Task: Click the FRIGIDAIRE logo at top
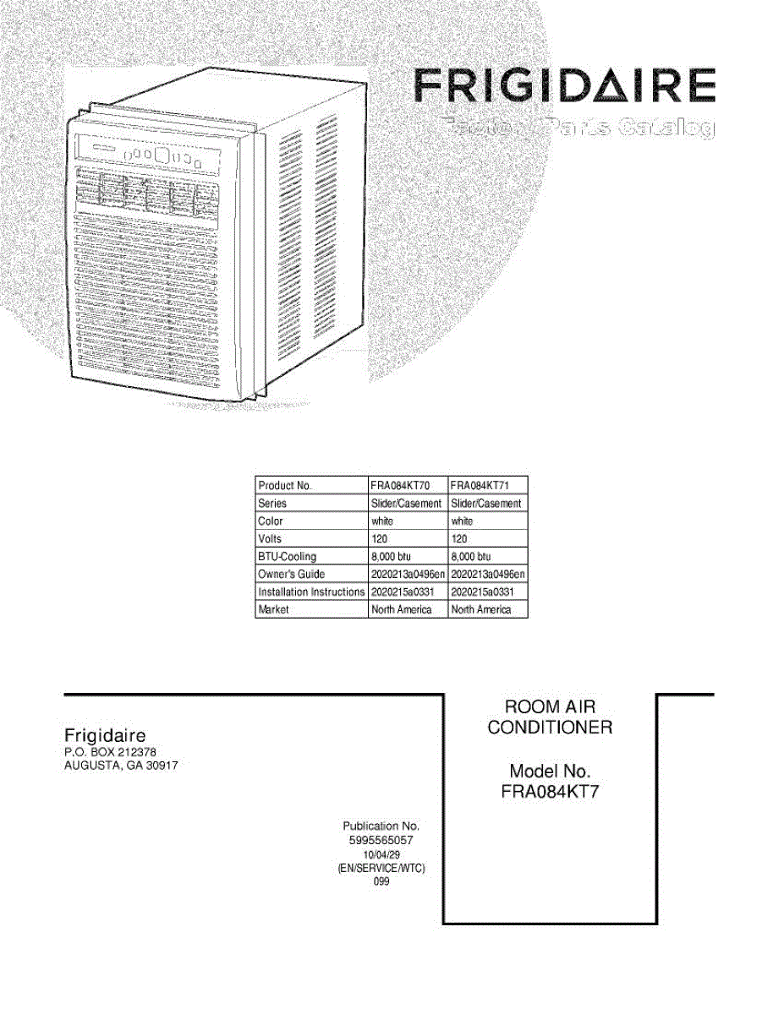click(565, 88)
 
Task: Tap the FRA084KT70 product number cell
click(400, 486)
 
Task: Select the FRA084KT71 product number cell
click(479, 486)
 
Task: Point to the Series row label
click(272, 504)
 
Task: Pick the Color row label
click(271, 521)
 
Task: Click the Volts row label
click(270, 539)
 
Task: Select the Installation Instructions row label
click(310, 592)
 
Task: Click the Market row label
click(274, 610)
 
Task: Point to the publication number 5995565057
click(381, 841)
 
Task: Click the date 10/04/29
click(381, 855)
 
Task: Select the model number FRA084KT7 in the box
click(550, 793)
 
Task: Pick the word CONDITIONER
click(550, 728)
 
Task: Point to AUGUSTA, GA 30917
click(121, 766)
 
